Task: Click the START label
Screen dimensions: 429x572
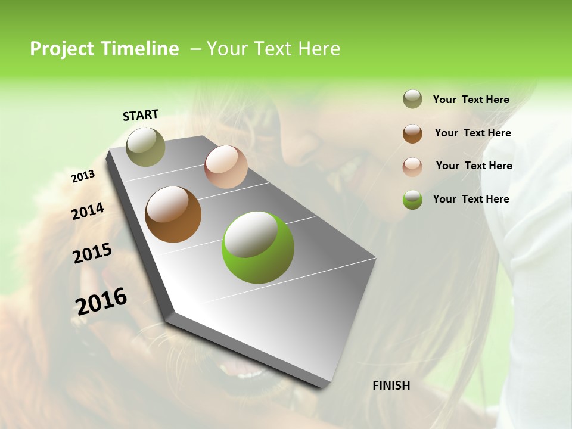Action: coord(141,115)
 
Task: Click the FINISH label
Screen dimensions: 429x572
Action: coord(391,386)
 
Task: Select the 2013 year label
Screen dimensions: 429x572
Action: coord(83,176)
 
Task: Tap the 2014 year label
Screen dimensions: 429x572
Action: coord(88,212)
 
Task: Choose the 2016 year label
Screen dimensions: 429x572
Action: coord(101,301)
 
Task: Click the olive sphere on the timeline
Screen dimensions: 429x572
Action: coord(145,147)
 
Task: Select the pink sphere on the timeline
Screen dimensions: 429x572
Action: coord(226,167)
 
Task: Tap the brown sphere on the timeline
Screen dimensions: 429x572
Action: coord(173,214)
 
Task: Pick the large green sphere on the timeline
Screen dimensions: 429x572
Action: coord(257,247)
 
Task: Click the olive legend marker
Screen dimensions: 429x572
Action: coord(412,100)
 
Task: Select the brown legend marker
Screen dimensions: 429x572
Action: coord(412,133)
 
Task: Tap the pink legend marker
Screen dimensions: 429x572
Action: coord(412,166)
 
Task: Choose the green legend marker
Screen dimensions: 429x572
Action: coord(412,200)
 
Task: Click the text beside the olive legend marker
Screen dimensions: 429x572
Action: coord(471,100)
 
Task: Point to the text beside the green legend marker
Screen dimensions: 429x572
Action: coord(471,199)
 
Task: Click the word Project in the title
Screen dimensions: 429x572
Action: coord(63,49)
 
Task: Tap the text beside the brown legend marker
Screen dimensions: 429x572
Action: coord(472,133)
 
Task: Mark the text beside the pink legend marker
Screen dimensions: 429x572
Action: coord(474,166)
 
